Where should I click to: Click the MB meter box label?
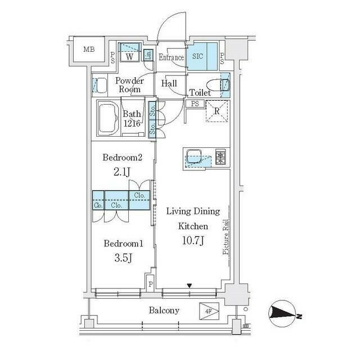89,49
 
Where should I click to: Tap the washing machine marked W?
129,52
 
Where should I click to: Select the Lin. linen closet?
148,55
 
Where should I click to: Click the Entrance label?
171,57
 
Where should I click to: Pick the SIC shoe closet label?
197,56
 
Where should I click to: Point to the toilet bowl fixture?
218,85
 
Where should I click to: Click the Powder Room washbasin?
100,85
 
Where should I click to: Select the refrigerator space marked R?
217,111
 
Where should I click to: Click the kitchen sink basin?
194,156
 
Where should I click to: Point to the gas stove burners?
220,156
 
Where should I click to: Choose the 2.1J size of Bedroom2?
122,172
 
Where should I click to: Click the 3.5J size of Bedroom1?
123,258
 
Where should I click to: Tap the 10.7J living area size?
193,241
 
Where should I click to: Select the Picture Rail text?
226,237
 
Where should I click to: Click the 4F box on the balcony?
209,311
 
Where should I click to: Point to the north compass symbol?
283,314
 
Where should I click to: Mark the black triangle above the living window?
190,286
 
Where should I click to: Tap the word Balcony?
164,310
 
